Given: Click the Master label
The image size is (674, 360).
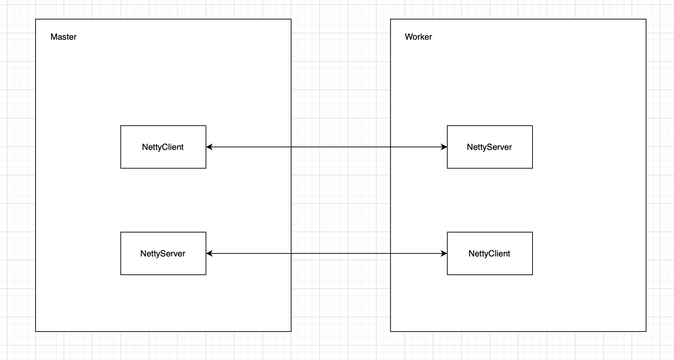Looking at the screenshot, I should (63, 37).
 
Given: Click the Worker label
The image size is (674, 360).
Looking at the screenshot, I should (418, 37).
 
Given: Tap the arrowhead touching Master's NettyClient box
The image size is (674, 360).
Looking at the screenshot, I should (209, 147).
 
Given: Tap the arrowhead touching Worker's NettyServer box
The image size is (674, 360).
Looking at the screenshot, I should (444, 147).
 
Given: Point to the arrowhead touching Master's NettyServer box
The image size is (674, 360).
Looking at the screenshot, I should (209, 254).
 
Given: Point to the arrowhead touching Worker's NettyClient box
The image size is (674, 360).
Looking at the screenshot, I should (444, 254).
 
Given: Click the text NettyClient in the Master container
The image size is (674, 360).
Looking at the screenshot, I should (163, 147).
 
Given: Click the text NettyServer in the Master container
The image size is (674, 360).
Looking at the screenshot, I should (163, 254).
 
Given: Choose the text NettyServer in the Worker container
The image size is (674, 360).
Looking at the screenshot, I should (489, 147).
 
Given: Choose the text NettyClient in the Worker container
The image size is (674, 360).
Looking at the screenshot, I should (489, 254).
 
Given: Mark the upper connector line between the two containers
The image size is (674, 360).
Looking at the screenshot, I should (341, 147).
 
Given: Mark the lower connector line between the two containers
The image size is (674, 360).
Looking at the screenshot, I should (341, 254).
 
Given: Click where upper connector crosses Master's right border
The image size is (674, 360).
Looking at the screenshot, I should (291, 147).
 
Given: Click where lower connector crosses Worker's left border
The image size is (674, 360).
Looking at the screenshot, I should (390, 254).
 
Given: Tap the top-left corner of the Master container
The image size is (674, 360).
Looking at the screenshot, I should (35, 19).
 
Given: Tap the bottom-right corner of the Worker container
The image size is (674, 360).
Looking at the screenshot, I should (646, 332).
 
